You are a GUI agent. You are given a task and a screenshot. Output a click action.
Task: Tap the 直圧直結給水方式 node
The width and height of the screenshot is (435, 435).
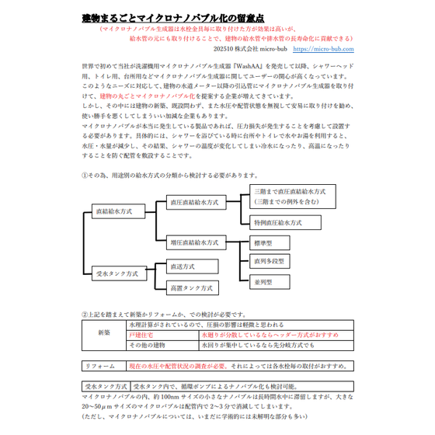(194, 202)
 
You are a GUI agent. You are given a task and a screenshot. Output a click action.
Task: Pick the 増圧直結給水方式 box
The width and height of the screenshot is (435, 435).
(194, 242)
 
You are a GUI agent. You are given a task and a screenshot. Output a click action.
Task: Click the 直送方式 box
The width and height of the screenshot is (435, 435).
(189, 266)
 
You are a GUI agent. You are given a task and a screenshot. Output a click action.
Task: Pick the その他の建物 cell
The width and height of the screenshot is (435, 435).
(154, 343)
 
